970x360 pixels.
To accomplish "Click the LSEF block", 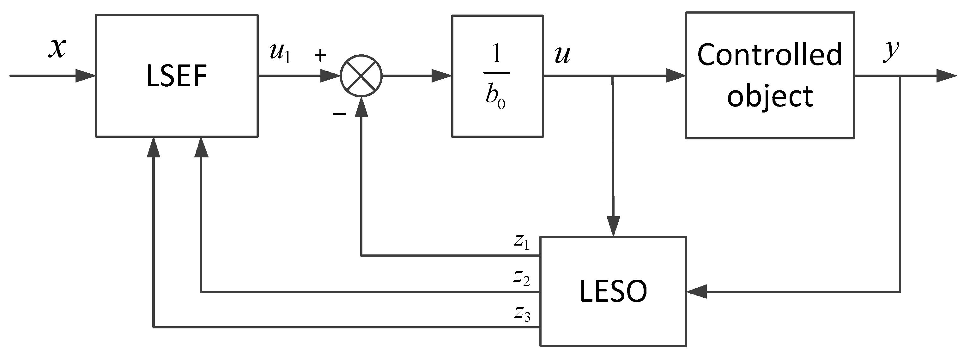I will (x=177, y=76).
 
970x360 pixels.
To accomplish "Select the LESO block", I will (x=613, y=291).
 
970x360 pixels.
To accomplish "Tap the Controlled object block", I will (x=770, y=75).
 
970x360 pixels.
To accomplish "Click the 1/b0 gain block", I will (x=497, y=76).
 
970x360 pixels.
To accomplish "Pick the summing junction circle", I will (x=361, y=76).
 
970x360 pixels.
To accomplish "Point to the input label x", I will (x=57, y=48).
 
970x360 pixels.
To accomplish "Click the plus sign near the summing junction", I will (x=320, y=56).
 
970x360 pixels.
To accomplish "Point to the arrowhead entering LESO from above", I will (x=613, y=227).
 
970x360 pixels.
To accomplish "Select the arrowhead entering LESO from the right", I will (x=697, y=291).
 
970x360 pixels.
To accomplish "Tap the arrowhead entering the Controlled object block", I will (x=676, y=76).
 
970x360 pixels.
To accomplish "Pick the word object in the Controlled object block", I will (x=770, y=96).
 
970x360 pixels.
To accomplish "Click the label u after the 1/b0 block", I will (x=562, y=55).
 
